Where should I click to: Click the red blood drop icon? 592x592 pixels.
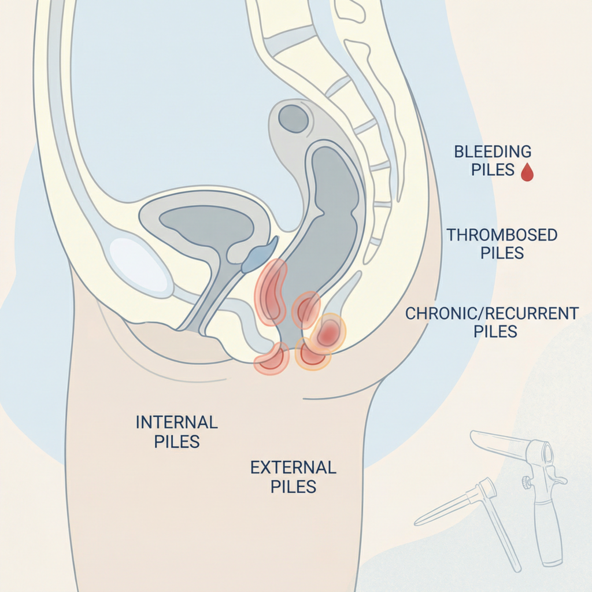click(x=527, y=172)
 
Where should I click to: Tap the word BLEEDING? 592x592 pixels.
click(x=493, y=152)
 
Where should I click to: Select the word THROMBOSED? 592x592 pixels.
click(x=502, y=235)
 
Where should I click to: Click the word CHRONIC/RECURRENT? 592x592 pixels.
click(x=491, y=314)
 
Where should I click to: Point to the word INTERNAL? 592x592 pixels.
click(x=177, y=422)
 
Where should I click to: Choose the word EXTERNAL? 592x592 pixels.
click(x=293, y=467)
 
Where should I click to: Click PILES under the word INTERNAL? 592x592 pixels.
click(x=177, y=442)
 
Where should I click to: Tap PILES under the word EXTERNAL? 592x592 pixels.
click(x=293, y=486)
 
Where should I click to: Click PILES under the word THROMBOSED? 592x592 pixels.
click(x=502, y=253)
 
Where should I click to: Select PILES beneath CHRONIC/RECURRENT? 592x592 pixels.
click(x=495, y=332)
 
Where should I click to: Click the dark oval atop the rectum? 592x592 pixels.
click(x=293, y=118)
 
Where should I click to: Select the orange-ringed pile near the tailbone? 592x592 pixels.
click(x=327, y=332)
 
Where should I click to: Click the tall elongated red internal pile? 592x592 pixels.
click(x=271, y=292)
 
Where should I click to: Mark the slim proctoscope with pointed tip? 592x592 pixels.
click(x=457, y=506)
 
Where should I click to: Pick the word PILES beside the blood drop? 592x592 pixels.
click(x=493, y=170)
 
